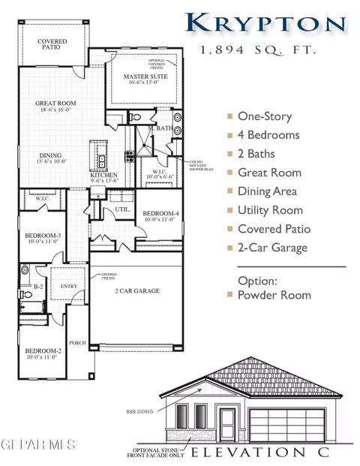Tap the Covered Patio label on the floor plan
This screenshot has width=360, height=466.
click(53, 45)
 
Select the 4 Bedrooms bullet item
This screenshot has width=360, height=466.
click(268, 135)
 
